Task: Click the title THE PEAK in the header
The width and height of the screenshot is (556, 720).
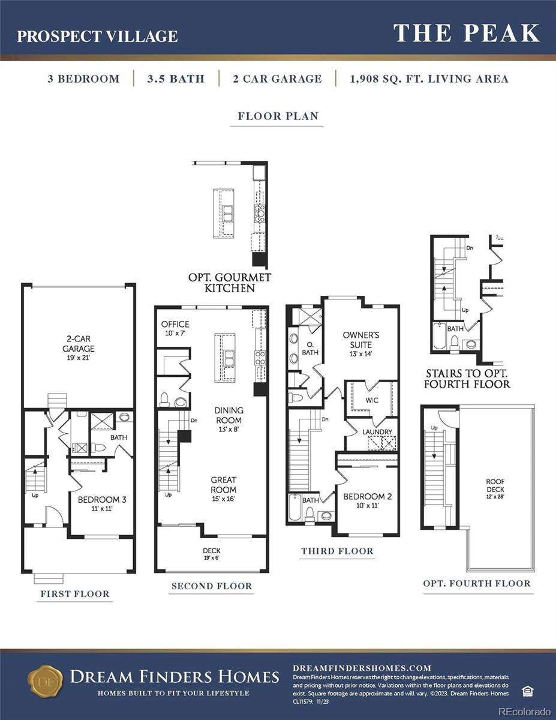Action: pos(467,34)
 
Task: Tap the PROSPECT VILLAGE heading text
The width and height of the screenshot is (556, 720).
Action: pos(97,36)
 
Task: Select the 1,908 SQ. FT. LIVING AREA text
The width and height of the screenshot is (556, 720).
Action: pos(429,79)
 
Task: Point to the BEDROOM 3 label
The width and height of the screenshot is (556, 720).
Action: pos(102,503)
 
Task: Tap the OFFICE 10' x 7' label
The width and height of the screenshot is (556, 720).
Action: pos(175,328)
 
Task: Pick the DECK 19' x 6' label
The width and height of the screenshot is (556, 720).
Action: pos(212,553)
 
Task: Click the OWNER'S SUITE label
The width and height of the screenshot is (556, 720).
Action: pos(361,340)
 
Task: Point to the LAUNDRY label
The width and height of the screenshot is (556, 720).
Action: pos(377,431)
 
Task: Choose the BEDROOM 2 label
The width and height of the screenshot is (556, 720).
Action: pos(367,500)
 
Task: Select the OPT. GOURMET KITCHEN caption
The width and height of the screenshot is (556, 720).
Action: pos(230,283)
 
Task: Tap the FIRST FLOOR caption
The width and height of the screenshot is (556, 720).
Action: pos(75,594)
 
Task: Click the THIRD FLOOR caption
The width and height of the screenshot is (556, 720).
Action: pos(337,551)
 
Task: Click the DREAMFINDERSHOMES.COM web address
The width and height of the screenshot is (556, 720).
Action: pos(362,668)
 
